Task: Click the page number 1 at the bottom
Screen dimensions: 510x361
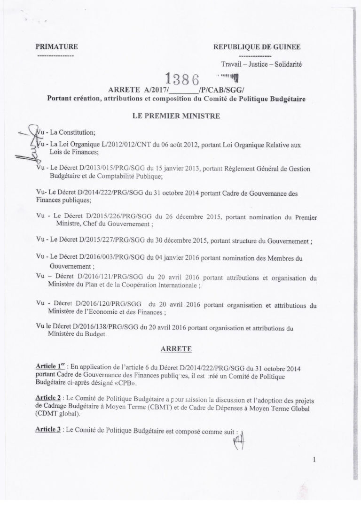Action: click(314, 460)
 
